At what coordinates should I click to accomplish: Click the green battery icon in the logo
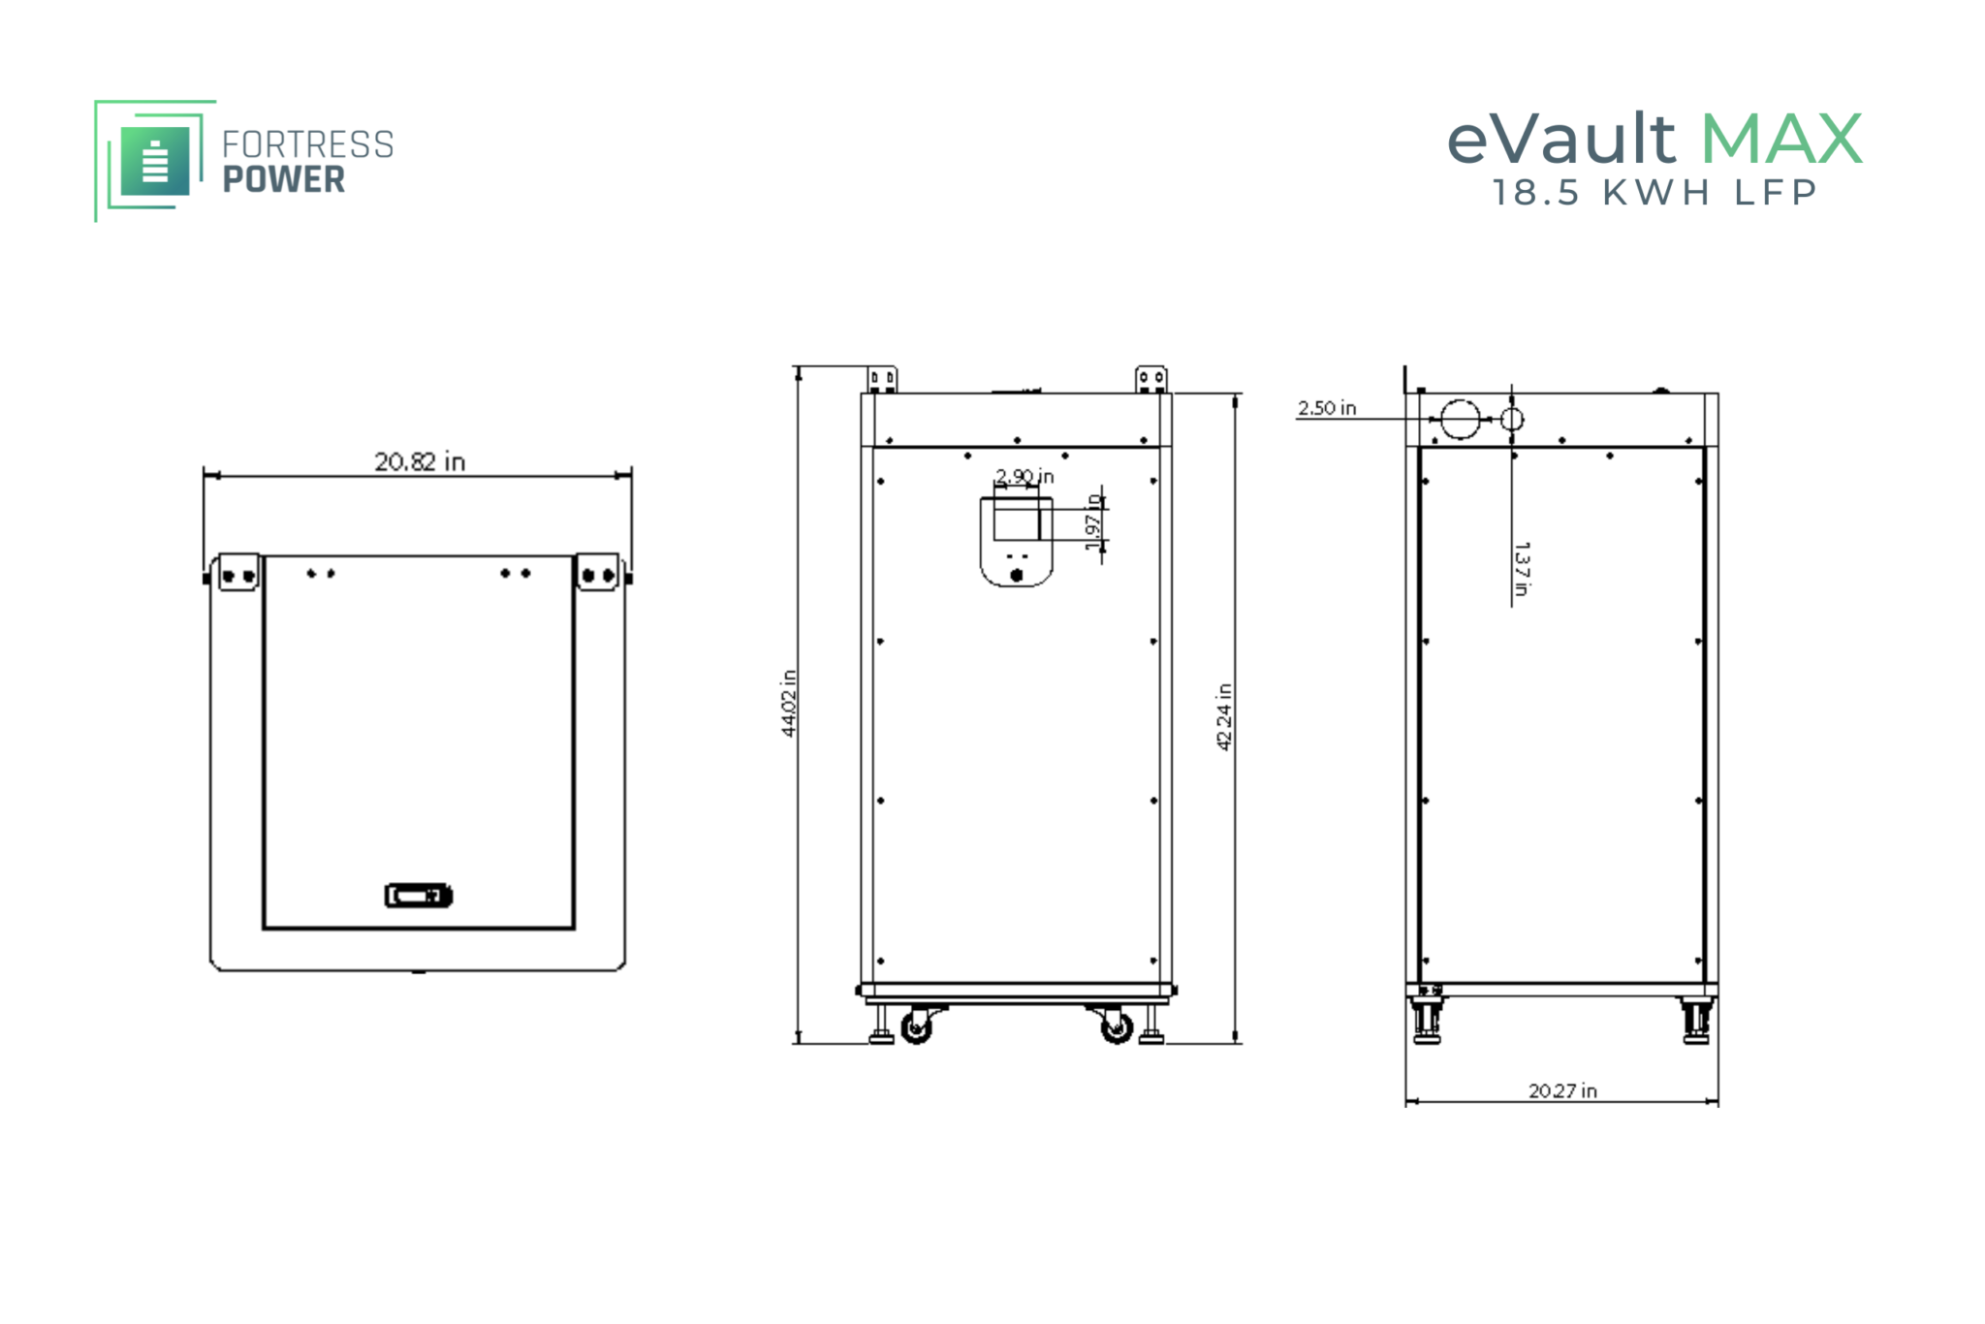[x=155, y=161]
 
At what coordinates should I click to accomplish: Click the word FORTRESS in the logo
[x=308, y=144]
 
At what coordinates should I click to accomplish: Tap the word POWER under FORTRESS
[x=284, y=179]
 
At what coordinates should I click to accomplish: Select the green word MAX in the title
[x=1781, y=139]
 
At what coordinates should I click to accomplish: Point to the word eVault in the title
[x=1560, y=139]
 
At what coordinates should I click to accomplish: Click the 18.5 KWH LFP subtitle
[x=1654, y=193]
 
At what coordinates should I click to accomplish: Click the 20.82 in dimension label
[x=420, y=461]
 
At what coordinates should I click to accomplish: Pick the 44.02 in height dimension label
[x=789, y=704]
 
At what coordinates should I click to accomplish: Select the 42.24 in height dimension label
[x=1224, y=716]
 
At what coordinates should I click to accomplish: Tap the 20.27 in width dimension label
[x=1562, y=1090]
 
